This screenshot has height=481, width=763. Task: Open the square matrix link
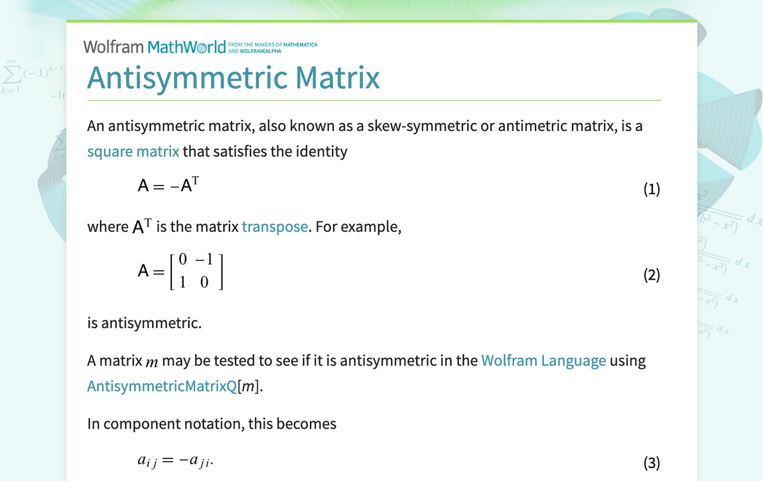click(133, 151)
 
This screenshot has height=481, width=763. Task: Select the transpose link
click(275, 227)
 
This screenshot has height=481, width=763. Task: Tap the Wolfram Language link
click(543, 361)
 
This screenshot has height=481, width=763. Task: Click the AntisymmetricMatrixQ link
click(162, 386)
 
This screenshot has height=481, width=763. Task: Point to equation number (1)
click(651, 189)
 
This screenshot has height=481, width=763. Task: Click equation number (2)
click(651, 274)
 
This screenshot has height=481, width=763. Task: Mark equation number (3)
click(651, 462)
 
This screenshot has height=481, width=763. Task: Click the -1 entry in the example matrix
click(204, 260)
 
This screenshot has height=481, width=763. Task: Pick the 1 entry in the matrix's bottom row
click(182, 282)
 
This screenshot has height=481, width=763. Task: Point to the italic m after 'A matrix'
click(152, 362)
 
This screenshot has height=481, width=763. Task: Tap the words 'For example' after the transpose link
click(358, 227)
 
